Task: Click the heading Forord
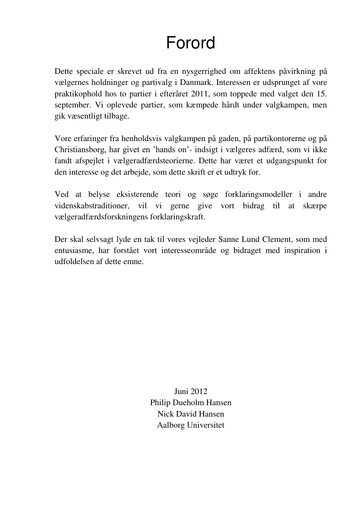(x=191, y=43)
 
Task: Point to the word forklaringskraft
(x=177, y=217)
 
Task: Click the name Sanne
(x=229, y=239)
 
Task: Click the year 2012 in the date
(x=199, y=391)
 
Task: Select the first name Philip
(x=160, y=403)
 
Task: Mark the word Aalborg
(x=171, y=425)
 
